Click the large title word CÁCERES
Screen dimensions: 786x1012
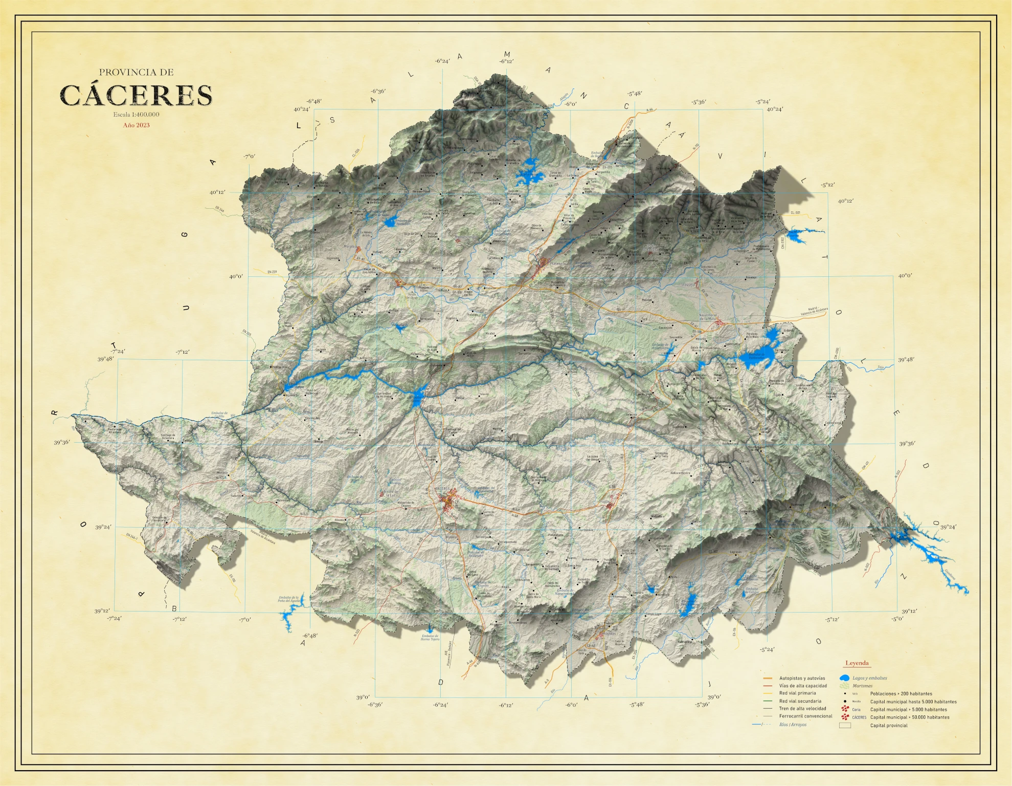(136, 96)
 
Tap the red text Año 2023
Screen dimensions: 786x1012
(136, 125)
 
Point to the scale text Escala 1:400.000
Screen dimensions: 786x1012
(136, 115)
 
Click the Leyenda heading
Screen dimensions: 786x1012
(857, 663)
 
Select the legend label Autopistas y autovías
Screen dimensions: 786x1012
(802, 678)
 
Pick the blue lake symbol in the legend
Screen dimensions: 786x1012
(844, 678)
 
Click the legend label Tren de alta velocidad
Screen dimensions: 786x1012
(802, 709)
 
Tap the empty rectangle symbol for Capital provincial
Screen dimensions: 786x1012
(845, 725)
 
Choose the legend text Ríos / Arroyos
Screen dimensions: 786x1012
(793, 725)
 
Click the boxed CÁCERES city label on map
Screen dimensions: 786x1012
(442, 489)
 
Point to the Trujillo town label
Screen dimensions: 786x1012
(604, 502)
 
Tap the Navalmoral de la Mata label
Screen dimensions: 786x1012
(708, 317)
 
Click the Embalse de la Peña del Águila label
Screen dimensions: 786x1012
(288, 599)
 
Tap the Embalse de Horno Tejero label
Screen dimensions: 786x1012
(430, 638)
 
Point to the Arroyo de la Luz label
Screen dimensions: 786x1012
(390, 493)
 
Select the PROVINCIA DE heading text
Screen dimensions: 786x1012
(136, 73)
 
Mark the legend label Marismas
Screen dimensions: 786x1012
(862, 686)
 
